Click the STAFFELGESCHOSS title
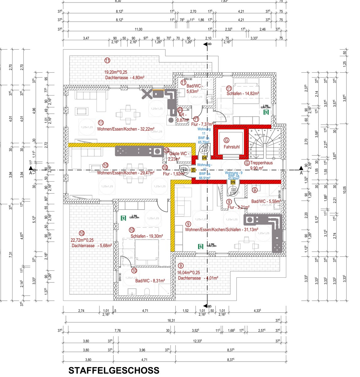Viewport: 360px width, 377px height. point(114,370)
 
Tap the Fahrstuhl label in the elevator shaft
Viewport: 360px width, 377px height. point(231,147)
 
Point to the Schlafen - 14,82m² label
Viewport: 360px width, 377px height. point(243,94)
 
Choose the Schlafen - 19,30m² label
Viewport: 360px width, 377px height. point(147,236)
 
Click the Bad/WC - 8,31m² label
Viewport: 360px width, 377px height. point(150,281)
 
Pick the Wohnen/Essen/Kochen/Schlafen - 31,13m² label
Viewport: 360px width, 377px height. point(222,230)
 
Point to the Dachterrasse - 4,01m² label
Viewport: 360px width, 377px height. point(198,278)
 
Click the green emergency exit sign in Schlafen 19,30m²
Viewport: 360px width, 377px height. point(123,218)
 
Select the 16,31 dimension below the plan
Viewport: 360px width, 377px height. point(171,321)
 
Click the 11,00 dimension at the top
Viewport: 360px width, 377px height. point(138,29)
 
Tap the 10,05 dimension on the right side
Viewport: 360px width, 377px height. point(344,189)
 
